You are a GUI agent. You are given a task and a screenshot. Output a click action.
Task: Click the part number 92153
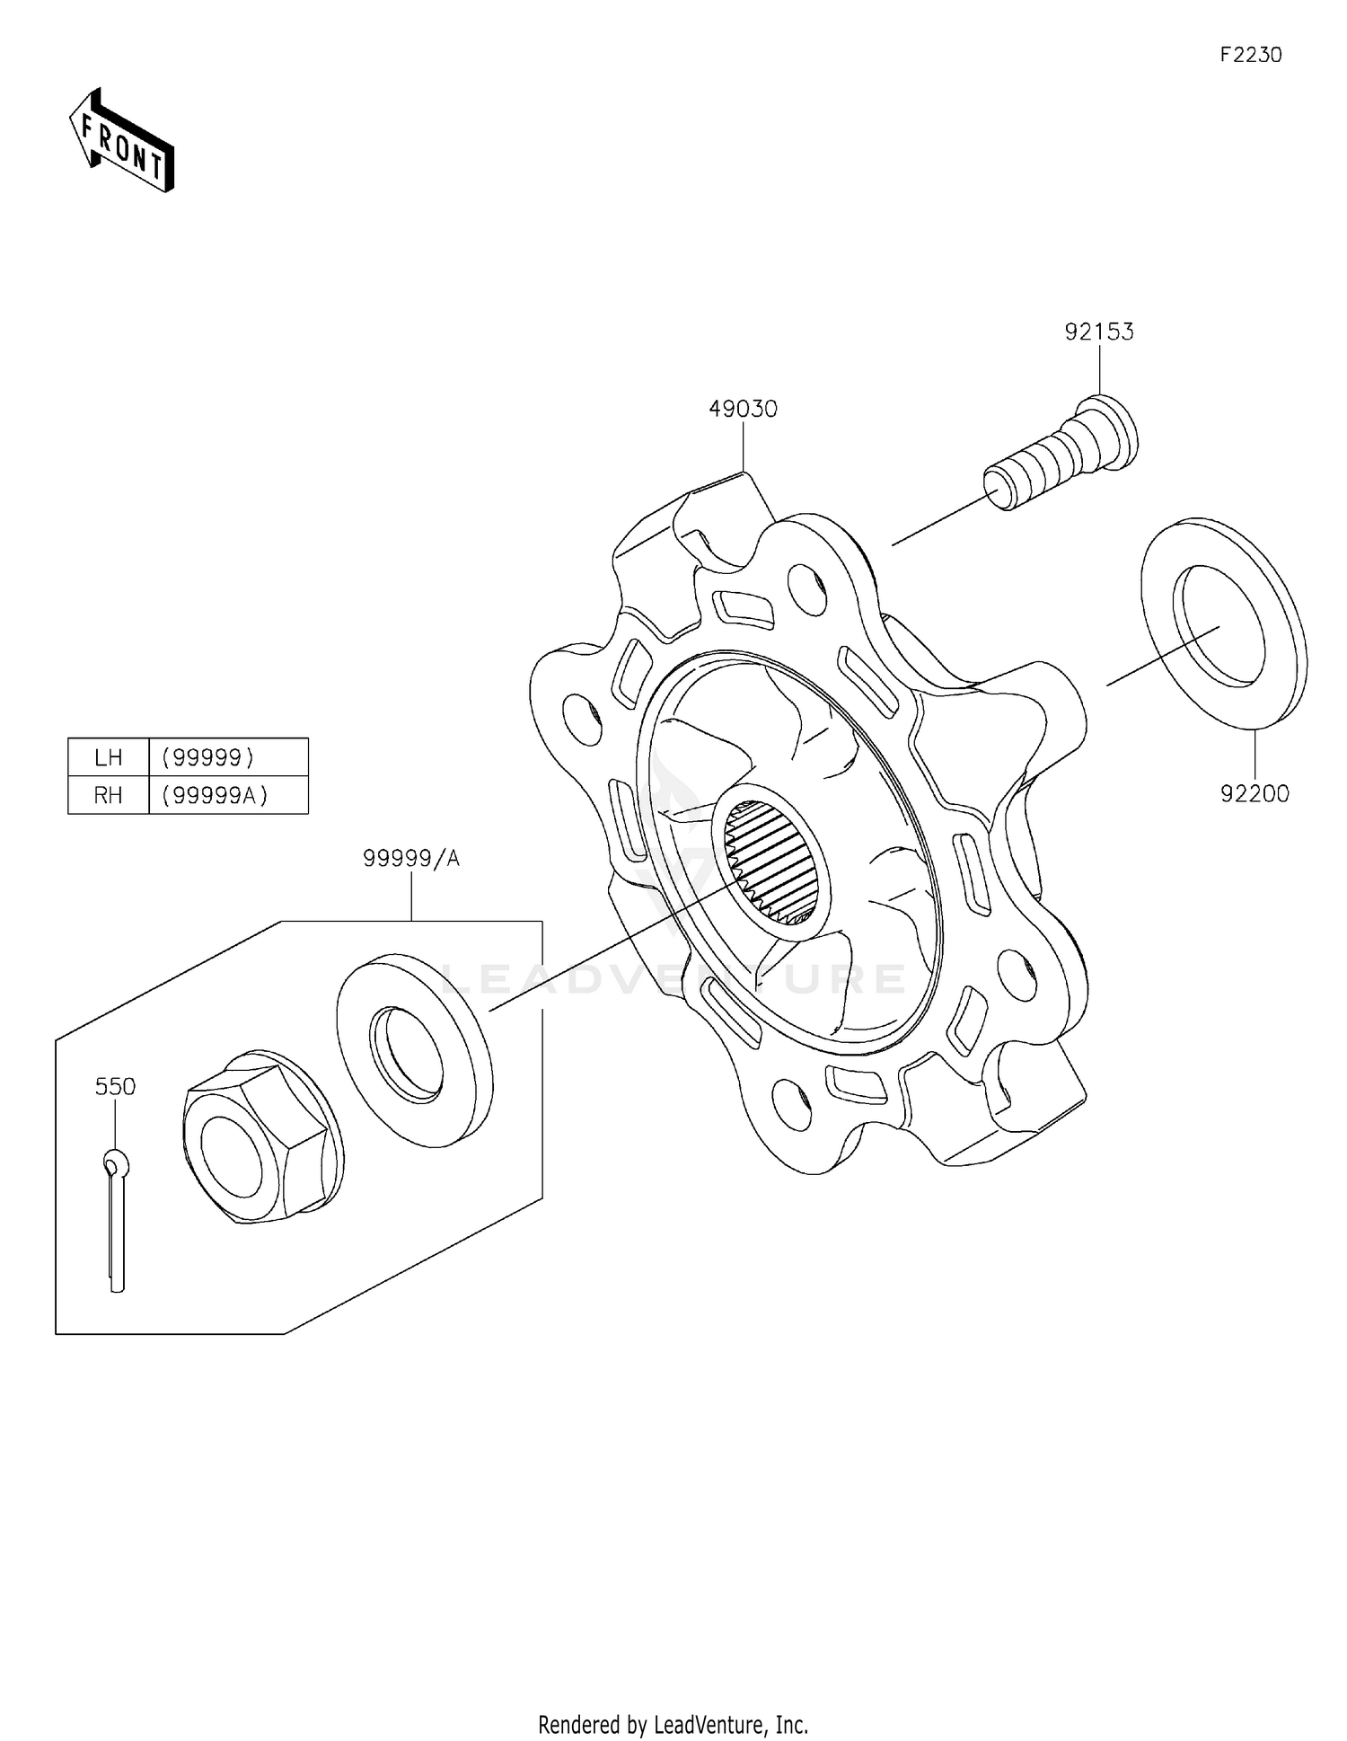[x=1099, y=331]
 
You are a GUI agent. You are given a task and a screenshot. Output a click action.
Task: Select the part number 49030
[x=743, y=409]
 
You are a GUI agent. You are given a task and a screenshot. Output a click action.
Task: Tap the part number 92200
[x=1254, y=793]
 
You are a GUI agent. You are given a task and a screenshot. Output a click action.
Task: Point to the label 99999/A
[x=411, y=858]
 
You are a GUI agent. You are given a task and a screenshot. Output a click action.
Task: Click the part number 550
[x=115, y=1086]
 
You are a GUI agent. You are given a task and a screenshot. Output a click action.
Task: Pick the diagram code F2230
[x=1250, y=55]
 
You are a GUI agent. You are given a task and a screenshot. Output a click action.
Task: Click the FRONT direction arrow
[x=122, y=142]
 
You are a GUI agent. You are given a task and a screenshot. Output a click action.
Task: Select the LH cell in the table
[x=109, y=757]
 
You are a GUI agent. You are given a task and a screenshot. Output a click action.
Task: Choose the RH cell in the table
[x=109, y=795]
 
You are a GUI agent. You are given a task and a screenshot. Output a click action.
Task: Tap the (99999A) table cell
[x=215, y=795]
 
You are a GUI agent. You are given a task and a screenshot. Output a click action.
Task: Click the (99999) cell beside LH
[x=208, y=757]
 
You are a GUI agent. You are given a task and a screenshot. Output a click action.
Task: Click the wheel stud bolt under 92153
[x=1063, y=453]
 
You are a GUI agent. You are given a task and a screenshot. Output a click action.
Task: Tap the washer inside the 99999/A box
[x=414, y=1049]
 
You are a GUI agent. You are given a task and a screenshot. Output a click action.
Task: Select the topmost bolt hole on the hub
[x=806, y=588]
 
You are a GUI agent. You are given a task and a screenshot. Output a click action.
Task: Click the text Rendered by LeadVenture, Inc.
[x=673, y=1724]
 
